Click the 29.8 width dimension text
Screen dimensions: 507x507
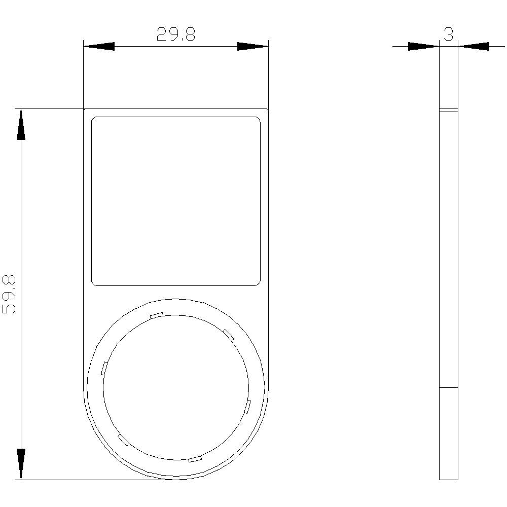[x=175, y=34]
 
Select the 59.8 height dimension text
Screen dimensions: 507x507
[x=10, y=295]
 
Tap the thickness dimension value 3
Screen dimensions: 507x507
[x=448, y=34]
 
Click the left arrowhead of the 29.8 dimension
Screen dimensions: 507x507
[x=99, y=47]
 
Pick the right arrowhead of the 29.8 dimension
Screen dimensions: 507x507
[x=252, y=47]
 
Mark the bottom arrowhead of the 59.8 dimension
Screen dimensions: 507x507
[x=21, y=464]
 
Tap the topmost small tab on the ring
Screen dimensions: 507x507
[x=156, y=315]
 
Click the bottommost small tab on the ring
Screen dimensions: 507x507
[x=195, y=459]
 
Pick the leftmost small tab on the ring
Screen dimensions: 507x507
[x=104, y=368]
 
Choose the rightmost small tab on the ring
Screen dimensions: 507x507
[x=247, y=407]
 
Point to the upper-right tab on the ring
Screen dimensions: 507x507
[x=229, y=334]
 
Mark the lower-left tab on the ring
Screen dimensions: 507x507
[x=123, y=440]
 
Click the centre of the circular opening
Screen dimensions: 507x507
[x=176, y=387]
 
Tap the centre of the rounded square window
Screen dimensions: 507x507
[x=176, y=201]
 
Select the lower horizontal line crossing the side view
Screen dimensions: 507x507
[x=448, y=388]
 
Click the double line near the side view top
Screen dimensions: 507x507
[x=448, y=110]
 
